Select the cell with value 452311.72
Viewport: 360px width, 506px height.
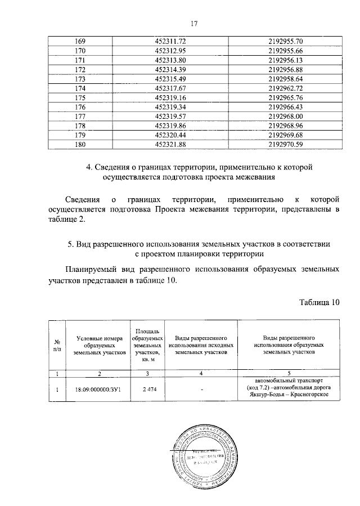click(174, 42)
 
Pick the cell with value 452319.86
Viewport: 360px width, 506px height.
click(174, 125)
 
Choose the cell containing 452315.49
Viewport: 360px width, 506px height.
click(174, 79)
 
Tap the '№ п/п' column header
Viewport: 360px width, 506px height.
click(57, 344)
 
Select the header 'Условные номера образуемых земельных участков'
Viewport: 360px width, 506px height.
click(98, 344)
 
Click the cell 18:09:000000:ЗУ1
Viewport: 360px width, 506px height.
click(98, 388)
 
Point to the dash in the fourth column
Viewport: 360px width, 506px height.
click(200, 388)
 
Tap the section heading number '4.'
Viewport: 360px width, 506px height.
click(89, 167)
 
